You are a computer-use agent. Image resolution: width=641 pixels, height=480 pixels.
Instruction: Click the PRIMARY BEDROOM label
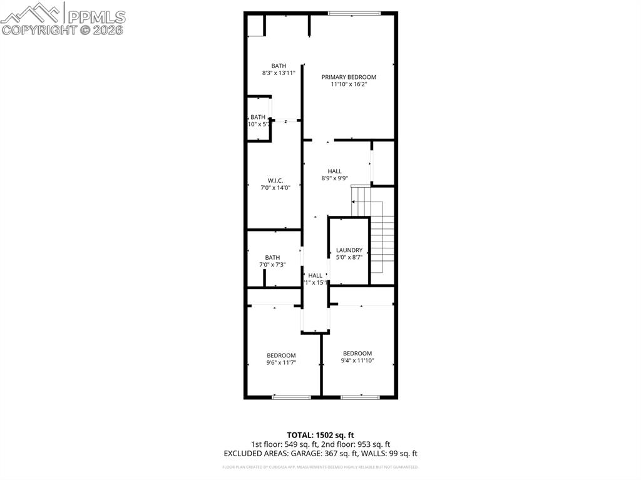click(x=349, y=77)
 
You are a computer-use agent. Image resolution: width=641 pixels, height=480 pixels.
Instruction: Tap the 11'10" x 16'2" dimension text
click(x=349, y=84)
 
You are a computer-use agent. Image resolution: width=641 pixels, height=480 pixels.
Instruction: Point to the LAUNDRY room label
click(x=349, y=250)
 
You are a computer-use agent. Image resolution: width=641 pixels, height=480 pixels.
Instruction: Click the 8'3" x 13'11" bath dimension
click(x=279, y=73)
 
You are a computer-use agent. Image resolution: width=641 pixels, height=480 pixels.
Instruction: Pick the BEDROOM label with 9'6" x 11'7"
click(x=281, y=355)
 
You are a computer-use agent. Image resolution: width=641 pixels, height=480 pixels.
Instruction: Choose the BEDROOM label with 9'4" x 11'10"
click(x=357, y=353)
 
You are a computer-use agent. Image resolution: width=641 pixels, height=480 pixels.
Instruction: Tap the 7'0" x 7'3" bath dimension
click(x=272, y=265)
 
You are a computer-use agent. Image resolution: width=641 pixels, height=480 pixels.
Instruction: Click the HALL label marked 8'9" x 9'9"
click(x=335, y=171)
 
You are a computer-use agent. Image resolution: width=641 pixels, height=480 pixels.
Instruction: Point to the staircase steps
click(x=382, y=244)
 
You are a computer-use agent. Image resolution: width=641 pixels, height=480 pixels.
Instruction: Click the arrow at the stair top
click(x=354, y=202)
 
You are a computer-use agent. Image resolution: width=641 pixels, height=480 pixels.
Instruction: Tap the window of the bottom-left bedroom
click(x=291, y=397)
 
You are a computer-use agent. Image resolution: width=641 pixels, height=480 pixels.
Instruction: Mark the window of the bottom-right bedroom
click(x=360, y=397)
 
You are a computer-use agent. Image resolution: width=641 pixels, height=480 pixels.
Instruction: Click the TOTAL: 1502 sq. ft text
click(x=320, y=435)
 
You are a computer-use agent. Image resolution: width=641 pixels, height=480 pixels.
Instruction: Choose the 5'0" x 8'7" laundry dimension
click(x=349, y=257)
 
